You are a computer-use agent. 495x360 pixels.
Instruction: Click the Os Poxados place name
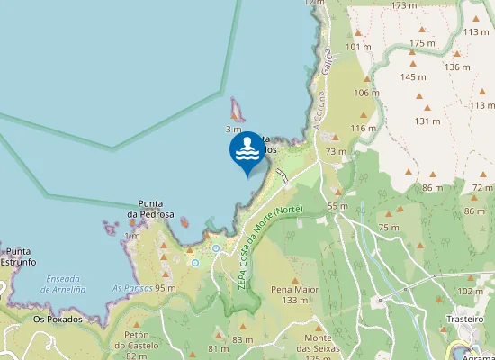tap(58, 319)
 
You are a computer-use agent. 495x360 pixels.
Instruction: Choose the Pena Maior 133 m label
tap(295, 295)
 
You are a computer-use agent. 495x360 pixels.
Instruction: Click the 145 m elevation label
tap(414, 77)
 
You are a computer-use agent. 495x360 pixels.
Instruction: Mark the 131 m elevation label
tap(427, 121)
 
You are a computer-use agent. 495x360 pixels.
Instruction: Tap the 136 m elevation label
tap(457, 67)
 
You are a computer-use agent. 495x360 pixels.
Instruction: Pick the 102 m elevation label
tap(470, 292)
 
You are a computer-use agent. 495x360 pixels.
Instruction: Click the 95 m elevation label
tap(165, 288)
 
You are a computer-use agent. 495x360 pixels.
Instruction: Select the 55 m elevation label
tap(337, 207)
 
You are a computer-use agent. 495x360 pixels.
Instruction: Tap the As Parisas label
tap(131, 288)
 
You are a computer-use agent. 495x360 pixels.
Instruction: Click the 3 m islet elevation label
tap(234, 130)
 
